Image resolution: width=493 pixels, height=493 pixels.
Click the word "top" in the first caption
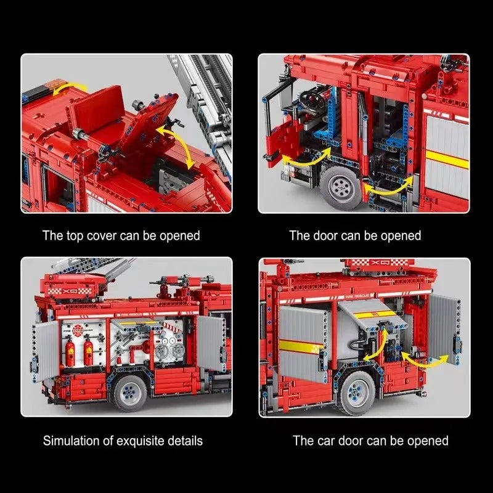click(x=75, y=236)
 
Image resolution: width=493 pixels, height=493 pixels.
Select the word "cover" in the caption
click(x=101, y=236)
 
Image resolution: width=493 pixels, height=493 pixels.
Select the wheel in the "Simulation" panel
click(x=130, y=392)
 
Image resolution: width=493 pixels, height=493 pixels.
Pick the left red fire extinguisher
click(x=70, y=351)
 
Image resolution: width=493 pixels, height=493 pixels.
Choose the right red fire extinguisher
click(x=89, y=351)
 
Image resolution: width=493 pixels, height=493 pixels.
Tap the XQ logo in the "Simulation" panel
click(x=70, y=291)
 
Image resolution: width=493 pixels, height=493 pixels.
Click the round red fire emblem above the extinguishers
click(x=76, y=330)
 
